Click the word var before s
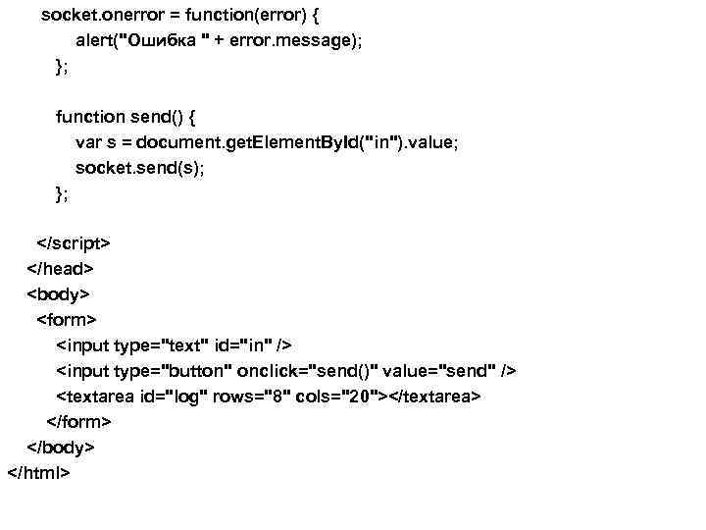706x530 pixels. click(88, 142)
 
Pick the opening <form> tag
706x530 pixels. click(67, 319)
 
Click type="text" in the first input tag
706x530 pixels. click(158, 344)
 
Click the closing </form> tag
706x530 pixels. click(78, 421)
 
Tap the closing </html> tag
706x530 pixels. click(39, 472)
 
